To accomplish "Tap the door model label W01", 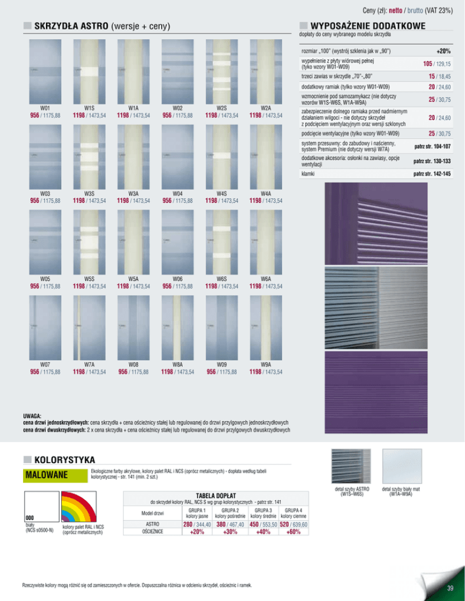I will (x=45, y=108).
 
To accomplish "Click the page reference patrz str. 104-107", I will (x=432, y=146).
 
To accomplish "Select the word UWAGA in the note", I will (x=31, y=416).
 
